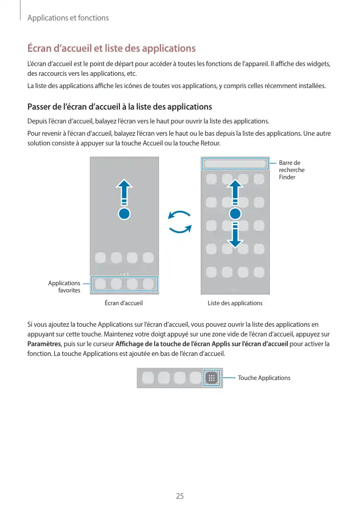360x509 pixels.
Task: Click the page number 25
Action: tap(180, 496)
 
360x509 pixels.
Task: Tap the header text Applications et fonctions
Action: tap(68, 18)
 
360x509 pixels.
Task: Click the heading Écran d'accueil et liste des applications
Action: tap(111, 49)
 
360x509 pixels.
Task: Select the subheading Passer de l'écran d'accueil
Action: tap(119, 107)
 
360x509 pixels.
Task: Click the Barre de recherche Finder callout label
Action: tap(292, 170)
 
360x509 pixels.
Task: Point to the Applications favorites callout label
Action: tap(65, 287)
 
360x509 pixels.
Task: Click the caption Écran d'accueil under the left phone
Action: tap(123, 303)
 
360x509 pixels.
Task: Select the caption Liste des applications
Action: tap(235, 303)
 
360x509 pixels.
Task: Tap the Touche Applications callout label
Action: tap(264, 378)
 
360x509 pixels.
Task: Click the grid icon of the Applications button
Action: tap(211, 378)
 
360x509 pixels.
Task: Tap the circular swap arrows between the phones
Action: tap(180, 222)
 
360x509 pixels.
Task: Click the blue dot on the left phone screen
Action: tap(124, 214)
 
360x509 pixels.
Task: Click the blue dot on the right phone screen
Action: tap(235, 214)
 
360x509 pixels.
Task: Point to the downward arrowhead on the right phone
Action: tap(235, 243)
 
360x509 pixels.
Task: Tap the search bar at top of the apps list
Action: tap(235, 164)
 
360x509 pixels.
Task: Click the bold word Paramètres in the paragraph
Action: tap(44, 343)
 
